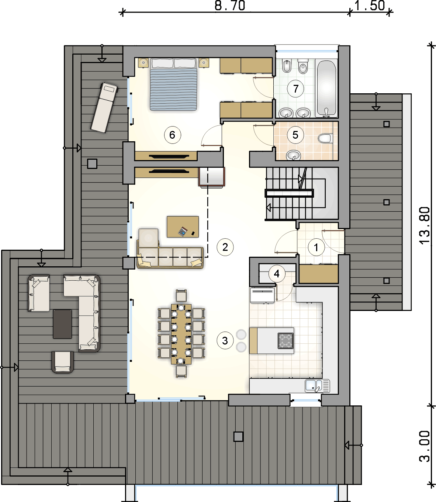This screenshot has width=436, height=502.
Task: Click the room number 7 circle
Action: coord(295,89)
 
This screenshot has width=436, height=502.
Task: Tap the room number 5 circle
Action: coord(295,135)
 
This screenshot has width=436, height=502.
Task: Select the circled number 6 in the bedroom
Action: coord(173,135)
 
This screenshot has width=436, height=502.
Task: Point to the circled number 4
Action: coord(277,274)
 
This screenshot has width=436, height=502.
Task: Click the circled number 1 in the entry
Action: coord(316,247)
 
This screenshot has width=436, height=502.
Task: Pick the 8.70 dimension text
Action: coord(230,6)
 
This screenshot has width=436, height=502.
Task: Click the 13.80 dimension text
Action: coord(425,225)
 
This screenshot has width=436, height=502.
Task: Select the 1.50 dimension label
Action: coord(370,6)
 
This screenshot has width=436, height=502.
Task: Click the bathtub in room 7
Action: coord(326,88)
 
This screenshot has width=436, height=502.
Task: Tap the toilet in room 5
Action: coord(325,138)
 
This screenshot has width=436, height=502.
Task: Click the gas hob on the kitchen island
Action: coord(286,340)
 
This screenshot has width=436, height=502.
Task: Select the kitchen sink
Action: coord(317,385)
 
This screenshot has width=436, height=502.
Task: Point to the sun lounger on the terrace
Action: coord(104,107)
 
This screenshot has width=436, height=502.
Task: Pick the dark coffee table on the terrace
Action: coord(63,324)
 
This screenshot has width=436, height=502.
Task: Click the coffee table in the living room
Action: coord(183,227)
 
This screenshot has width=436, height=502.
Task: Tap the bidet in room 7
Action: coord(287,66)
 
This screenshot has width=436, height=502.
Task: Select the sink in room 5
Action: coord(294,155)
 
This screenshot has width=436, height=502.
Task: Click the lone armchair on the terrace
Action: coord(63,362)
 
